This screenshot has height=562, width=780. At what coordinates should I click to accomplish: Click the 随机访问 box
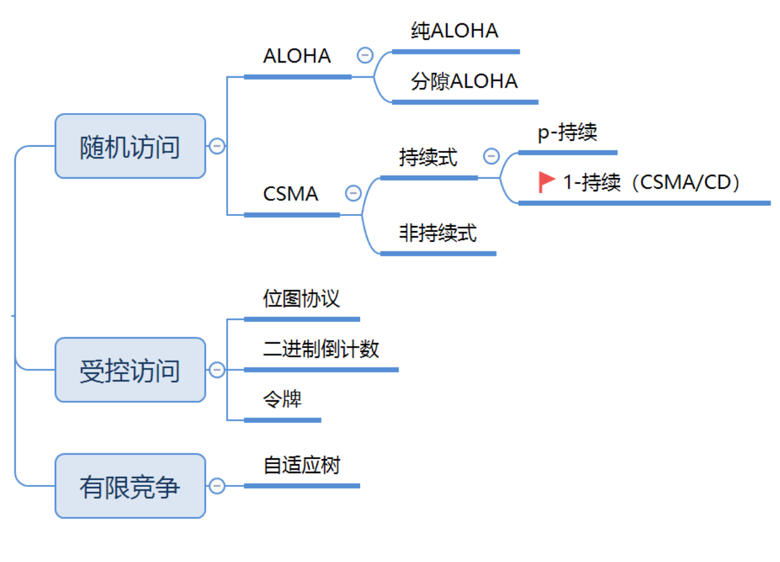point(130,146)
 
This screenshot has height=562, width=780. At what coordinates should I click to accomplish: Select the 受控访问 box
point(130,370)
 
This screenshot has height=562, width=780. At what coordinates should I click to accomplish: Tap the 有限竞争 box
point(130,486)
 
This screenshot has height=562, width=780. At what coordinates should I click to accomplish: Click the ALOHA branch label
point(297,56)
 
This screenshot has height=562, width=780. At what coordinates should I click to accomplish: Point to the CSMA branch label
point(291,194)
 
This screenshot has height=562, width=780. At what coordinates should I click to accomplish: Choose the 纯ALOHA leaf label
point(454,31)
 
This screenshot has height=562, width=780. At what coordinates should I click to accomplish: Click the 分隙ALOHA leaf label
point(464,81)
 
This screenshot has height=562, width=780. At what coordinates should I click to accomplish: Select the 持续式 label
point(428,157)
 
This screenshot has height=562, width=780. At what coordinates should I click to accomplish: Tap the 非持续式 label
point(438,233)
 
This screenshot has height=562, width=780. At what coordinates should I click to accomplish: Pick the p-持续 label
point(567,133)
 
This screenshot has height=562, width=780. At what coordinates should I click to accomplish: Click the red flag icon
point(546,182)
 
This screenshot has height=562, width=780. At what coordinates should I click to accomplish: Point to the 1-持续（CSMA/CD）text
point(651,182)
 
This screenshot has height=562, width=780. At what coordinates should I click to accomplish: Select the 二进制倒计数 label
point(321,349)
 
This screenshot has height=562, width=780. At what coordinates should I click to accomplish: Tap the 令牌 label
point(282,399)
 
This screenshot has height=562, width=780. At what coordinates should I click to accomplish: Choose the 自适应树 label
point(301,465)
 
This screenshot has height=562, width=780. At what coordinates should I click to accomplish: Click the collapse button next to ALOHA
point(364,56)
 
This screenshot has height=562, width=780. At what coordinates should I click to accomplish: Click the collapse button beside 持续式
point(491,156)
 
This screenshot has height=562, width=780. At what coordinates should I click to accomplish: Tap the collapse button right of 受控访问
point(217,370)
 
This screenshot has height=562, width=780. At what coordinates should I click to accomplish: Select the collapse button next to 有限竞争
point(217,486)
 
